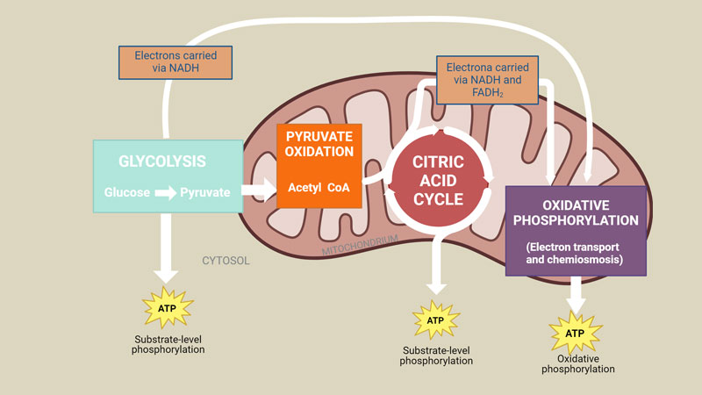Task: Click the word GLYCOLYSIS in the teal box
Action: coord(162,162)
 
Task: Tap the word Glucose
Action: coord(127,192)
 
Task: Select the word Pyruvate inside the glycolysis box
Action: coord(205,192)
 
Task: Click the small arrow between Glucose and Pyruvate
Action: coord(166,193)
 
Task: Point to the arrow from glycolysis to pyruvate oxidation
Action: coord(259,190)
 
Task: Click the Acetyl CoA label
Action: coord(319,187)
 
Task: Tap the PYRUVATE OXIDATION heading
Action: coord(319,144)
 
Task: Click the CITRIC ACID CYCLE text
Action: coord(438,181)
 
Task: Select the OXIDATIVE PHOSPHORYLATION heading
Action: coord(576,212)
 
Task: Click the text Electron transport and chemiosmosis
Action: coord(575,254)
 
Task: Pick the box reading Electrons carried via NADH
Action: coord(175,62)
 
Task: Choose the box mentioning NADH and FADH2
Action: coord(488,80)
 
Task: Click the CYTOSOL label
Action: coord(226,261)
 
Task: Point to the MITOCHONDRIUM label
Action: coord(360,246)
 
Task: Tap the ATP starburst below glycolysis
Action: coord(168,308)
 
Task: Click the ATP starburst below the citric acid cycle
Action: coord(435,320)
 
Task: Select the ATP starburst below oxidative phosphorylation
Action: coord(576,334)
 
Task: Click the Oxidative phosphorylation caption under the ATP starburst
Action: coord(578,364)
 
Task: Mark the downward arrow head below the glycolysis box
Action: coord(166,276)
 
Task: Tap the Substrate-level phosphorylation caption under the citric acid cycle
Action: coord(436,355)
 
